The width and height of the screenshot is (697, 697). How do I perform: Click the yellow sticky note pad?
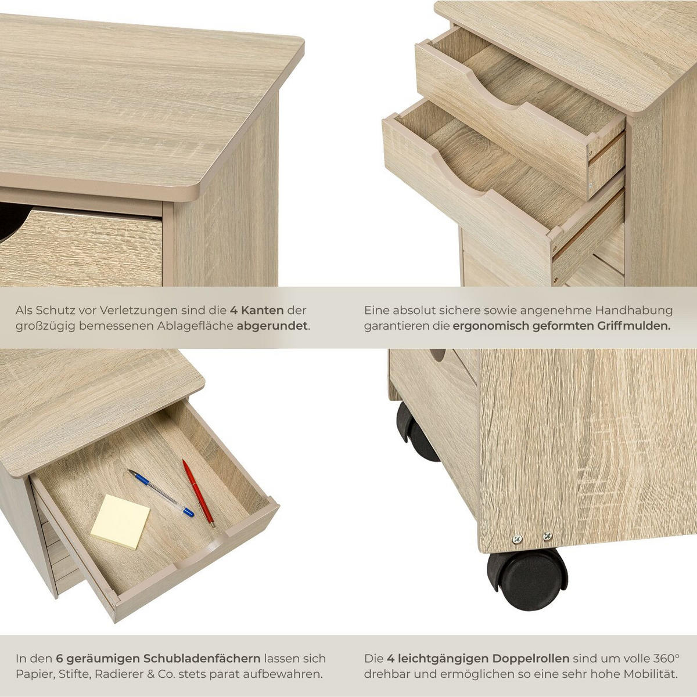pos(120,521)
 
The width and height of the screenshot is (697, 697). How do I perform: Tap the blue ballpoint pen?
pos(161,493)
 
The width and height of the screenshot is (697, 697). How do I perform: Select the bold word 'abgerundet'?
pos(272,326)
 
